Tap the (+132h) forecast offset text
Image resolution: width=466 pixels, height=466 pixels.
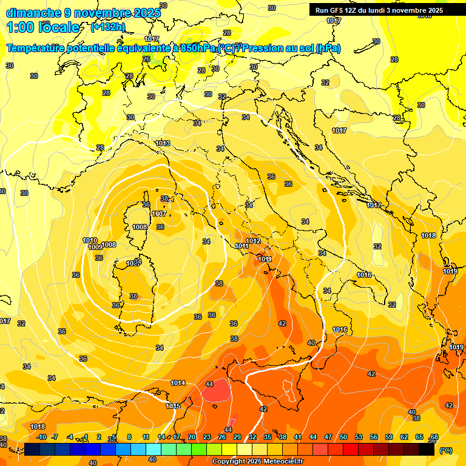(x=107, y=27)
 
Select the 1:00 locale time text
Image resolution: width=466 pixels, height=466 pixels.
(x=42, y=27)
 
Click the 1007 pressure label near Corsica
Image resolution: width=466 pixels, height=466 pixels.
(x=159, y=214)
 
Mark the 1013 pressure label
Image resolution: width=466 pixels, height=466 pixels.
(x=163, y=143)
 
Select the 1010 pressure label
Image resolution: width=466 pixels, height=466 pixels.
(x=90, y=240)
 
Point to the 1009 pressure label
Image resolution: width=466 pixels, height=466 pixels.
(x=95, y=248)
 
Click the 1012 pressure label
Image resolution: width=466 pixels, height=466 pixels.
(x=253, y=241)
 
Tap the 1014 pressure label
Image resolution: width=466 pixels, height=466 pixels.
(x=178, y=383)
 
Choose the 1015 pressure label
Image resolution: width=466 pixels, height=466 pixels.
(x=173, y=406)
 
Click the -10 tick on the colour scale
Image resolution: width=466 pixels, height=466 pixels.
(x=41, y=437)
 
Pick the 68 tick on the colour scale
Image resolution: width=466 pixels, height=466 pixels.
(x=434, y=437)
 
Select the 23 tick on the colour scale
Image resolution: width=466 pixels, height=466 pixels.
(x=207, y=437)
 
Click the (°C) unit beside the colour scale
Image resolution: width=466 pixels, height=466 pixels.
(x=445, y=450)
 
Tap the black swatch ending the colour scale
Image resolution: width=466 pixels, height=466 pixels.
(x=427, y=450)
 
